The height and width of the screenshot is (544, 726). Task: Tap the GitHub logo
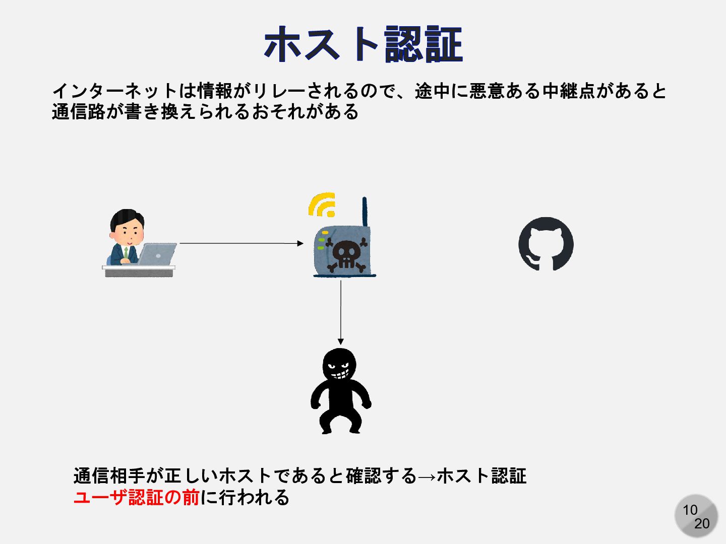[546, 244]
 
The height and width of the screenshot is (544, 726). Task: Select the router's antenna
[365, 212]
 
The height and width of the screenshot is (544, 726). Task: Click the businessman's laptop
[157, 254]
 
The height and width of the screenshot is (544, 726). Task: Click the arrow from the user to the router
[241, 243]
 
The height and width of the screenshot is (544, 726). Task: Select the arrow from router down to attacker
[341, 312]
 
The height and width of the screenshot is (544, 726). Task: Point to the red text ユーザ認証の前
[137, 498]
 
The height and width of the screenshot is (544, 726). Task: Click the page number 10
[690, 510]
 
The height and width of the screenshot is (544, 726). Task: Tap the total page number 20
[702, 524]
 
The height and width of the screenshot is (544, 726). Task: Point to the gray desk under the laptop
[139, 271]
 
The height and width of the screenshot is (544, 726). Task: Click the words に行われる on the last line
[245, 498]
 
